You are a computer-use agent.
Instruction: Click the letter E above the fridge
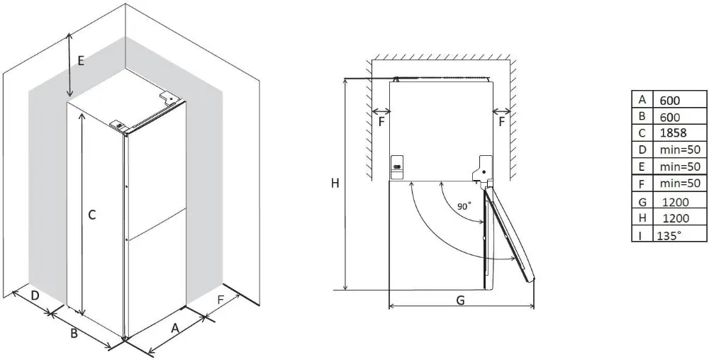coord(81,61)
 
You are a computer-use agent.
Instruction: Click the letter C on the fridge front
coord(92,214)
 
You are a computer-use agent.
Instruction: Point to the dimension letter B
coord(73,334)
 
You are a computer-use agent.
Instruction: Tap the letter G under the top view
coord(460,300)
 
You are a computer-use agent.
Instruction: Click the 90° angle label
coord(464,206)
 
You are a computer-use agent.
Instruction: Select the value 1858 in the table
coord(673,133)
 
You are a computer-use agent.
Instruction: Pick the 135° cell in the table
coord(669,235)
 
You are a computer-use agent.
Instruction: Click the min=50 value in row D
coord(679,150)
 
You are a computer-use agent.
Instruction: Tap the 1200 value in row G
coord(676,202)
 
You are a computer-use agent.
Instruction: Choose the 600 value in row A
coord(670,100)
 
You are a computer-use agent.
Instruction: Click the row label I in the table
coord(642,235)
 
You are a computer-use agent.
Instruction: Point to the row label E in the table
coord(642,167)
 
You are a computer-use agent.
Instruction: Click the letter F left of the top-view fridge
coord(381,121)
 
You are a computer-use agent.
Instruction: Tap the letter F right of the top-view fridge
coord(502,121)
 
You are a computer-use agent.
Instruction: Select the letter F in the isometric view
coord(220,300)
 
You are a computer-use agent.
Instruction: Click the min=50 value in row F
coord(679,184)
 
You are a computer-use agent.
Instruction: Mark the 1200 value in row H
coord(676,219)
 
